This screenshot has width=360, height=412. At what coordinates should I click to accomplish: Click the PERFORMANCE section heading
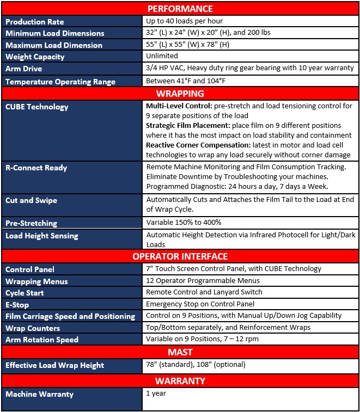click(x=180, y=9)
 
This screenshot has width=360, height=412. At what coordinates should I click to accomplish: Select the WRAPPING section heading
click(x=180, y=93)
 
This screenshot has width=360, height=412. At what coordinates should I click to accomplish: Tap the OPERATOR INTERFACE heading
click(x=180, y=256)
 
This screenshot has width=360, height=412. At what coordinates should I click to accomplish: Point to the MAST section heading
click(x=180, y=352)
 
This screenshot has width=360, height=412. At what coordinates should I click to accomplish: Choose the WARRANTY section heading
click(x=180, y=380)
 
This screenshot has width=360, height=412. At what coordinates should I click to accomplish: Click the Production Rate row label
click(x=35, y=22)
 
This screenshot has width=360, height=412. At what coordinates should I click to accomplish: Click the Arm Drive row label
click(x=23, y=69)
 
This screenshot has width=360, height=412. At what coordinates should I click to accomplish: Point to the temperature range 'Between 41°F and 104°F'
click(x=186, y=81)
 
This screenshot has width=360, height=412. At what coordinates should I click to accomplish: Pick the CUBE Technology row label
click(x=37, y=107)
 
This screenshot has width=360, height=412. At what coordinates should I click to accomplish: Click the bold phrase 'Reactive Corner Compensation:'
click(x=198, y=145)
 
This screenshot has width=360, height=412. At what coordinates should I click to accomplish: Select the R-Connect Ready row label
click(x=36, y=168)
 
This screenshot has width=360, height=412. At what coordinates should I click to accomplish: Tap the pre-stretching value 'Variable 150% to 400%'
click(x=183, y=223)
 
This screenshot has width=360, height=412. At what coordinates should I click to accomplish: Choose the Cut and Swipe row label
click(x=32, y=200)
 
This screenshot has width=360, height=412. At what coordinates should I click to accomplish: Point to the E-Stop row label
click(x=17, y=305)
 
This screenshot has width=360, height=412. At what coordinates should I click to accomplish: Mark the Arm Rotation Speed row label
click(x=42, y=340)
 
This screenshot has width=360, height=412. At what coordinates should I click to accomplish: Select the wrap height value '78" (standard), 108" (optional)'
click(x=196, y=365)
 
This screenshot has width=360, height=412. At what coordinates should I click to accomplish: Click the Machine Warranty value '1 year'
click(x=156, y=393)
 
